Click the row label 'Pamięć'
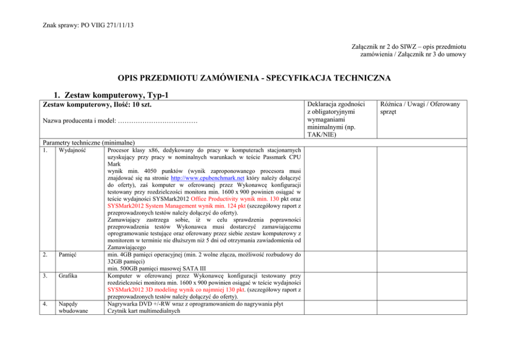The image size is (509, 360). [68, 254]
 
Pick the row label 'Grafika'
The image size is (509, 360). [68, 275]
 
